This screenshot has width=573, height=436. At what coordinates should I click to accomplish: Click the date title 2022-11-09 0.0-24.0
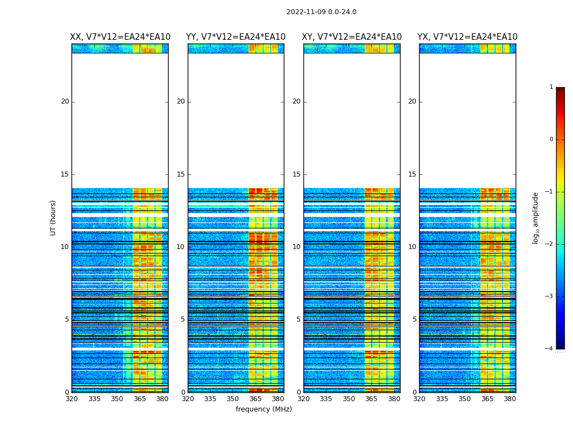click(321, 12)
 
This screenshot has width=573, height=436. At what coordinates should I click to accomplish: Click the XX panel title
click(120, 37)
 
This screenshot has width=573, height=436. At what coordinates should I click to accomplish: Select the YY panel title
click(236, 37)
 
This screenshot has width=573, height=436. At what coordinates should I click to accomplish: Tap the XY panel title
click(351, 37)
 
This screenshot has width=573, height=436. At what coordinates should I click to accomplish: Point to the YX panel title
click(467, 37)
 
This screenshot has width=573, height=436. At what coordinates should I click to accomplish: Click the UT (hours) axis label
click(53, 217)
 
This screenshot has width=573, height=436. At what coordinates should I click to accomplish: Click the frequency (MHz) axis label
click(264, 409)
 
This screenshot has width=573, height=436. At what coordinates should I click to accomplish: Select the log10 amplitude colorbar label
click(535, 217)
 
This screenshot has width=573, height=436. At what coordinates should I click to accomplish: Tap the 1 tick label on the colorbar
click(551, 87)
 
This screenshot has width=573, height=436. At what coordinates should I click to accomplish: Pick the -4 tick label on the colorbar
click(550, 349)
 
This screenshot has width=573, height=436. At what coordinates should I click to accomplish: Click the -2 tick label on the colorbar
click(550, 244)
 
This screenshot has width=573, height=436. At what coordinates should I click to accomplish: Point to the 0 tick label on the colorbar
click(551, 140)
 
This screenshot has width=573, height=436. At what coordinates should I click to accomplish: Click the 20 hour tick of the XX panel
click(65, 101)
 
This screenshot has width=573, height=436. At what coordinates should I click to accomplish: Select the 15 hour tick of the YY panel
click(181, 174)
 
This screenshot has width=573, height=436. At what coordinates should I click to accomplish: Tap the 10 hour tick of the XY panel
click(296, 247)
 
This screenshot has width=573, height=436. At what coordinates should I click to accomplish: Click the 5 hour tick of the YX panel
click(414, 319)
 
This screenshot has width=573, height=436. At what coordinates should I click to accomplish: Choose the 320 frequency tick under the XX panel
click(71, 398)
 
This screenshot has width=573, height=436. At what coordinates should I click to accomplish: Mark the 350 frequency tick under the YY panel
click(233, 398)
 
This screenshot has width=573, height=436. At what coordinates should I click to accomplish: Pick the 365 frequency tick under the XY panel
click(371, 398)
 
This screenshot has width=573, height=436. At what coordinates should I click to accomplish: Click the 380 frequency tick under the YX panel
click(510, 398)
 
